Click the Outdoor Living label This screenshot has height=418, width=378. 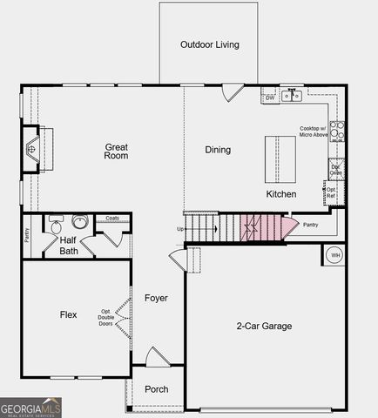tap(209, 44)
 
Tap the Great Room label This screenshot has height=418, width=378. tap(116, 152)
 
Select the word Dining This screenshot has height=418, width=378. tap(218, 150)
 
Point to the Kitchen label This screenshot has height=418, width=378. tap(281, 194)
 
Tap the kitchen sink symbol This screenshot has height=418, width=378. tap(291, 97)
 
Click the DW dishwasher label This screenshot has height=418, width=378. tap(270, 98)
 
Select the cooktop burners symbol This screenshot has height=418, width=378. tap(337, 131)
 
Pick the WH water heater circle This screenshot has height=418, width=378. tap(334, 255)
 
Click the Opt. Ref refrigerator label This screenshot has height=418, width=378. tap(330, 191)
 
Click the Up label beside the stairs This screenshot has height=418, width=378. tap(180, 229)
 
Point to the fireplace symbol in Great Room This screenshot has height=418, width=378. tap(32, 149)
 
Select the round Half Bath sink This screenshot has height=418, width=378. tap(80, 222)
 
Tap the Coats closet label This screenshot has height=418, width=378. tap(112, 219)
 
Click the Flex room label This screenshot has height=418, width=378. tap(69, 314)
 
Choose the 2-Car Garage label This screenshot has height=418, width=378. tap(264, 327)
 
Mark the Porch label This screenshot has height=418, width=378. tap(156, 389)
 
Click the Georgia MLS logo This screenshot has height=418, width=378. tap(31, 408)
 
